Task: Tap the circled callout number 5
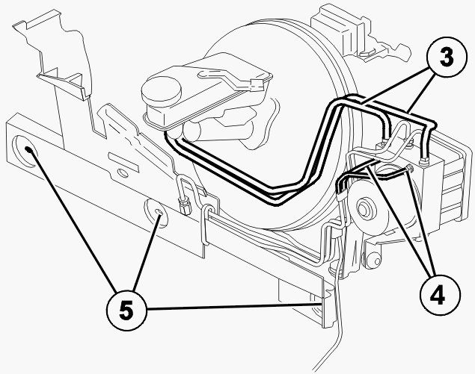tap(126, 311)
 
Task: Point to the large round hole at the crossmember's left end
tap(25, 151)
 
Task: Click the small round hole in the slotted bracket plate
tap(123, 173)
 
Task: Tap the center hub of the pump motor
tap(363, 208)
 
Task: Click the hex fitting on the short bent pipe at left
tap(183, 205)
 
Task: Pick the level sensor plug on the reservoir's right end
tap(256, 84)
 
